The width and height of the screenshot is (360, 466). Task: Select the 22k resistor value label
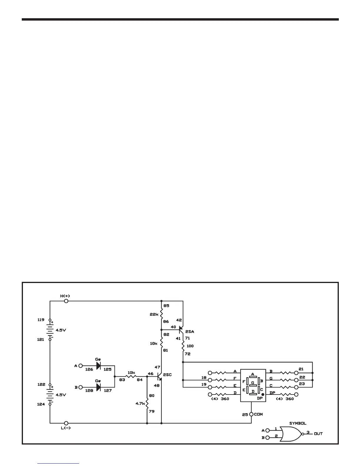(154, 314)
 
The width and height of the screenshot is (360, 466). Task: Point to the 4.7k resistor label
(140, 404)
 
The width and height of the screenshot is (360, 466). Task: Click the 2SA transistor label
(190, 332)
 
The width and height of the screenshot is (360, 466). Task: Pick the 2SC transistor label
(167, 375)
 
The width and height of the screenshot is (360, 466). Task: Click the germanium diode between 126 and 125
(99, 366)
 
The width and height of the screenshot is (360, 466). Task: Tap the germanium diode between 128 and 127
(99, 387)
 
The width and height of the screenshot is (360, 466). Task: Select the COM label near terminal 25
(259, 414)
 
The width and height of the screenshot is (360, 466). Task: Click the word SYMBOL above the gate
(298, 423)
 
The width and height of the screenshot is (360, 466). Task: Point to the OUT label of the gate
(318, 434)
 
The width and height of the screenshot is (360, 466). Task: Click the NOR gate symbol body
(291, 434)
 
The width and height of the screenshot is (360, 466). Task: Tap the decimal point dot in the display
(263, 394)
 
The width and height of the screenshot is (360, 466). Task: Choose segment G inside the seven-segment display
(253, 382)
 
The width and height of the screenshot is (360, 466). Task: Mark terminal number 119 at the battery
(41, 319)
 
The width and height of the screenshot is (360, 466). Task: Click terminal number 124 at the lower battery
(41, 404)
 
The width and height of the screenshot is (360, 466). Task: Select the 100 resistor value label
(190, 346)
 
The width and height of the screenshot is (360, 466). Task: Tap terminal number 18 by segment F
(204, 377)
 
